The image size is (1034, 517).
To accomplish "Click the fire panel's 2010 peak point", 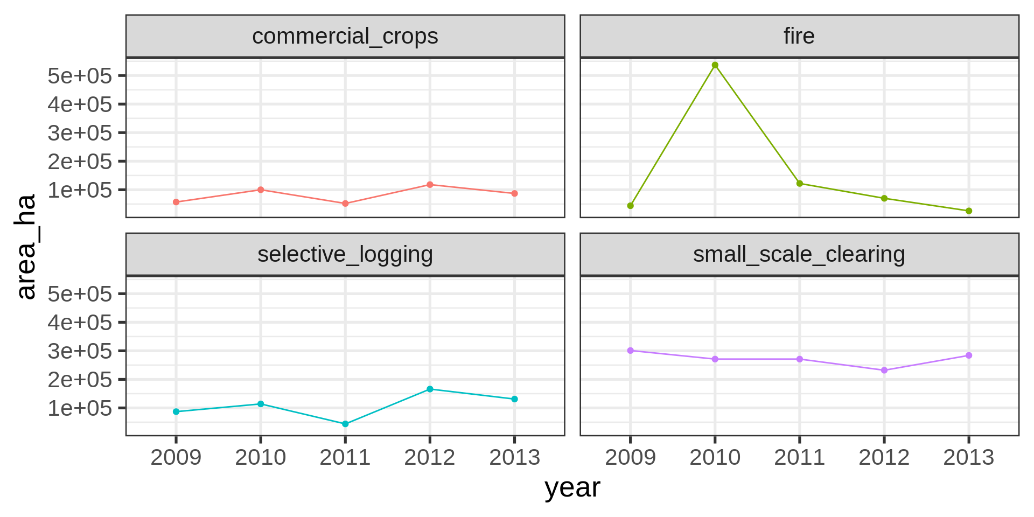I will pyautogui.click(x=715, y=65).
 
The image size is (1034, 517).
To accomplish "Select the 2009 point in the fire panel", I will pyautogui.click(x=630, y=206).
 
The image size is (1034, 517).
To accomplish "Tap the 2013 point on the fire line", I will pyautogui.click(x=968, y=211).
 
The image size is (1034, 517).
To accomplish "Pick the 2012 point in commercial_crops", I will pyautogui.click(x=430, y=185).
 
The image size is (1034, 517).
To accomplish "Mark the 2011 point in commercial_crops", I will pyautogui.click(x=345, y=204).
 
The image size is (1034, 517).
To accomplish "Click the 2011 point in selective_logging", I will pyautogui.click(x=345, y=424).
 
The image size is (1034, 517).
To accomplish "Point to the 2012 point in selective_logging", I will pyautogui.click(x=430, y=389).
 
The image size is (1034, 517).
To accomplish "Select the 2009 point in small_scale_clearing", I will pyautogui.click(x=630, y=351).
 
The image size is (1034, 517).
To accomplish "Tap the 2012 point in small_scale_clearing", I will pyautogui.click(x=884, y=371).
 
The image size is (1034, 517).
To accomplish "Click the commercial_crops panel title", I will pyautogui.click(x=345, y=37).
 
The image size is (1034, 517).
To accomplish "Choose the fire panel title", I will pyautogui.click(x=799, y=37).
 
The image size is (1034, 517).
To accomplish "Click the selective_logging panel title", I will pyautogui.click(x=345, y=255).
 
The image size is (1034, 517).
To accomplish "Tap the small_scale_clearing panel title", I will pyautogui.click(x=799, y=255).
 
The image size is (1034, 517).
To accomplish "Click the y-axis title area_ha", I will pyautogui.click(x=26, y=246).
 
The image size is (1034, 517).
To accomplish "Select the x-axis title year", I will pyautogui.click(x=572, y=488).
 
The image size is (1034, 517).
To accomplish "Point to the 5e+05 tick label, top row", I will pyautogui.click(x=80, y=76).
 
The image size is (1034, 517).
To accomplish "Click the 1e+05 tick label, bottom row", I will pyautogui.click(x=80, y=408).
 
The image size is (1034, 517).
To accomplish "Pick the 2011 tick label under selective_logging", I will pyautogui.click(x=345, y=458).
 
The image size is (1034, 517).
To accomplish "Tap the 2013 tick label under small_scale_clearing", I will pyautogui.click(x=968, y=458).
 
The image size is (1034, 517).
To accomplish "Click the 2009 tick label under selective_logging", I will pyautogui.click(x=176, y=458).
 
